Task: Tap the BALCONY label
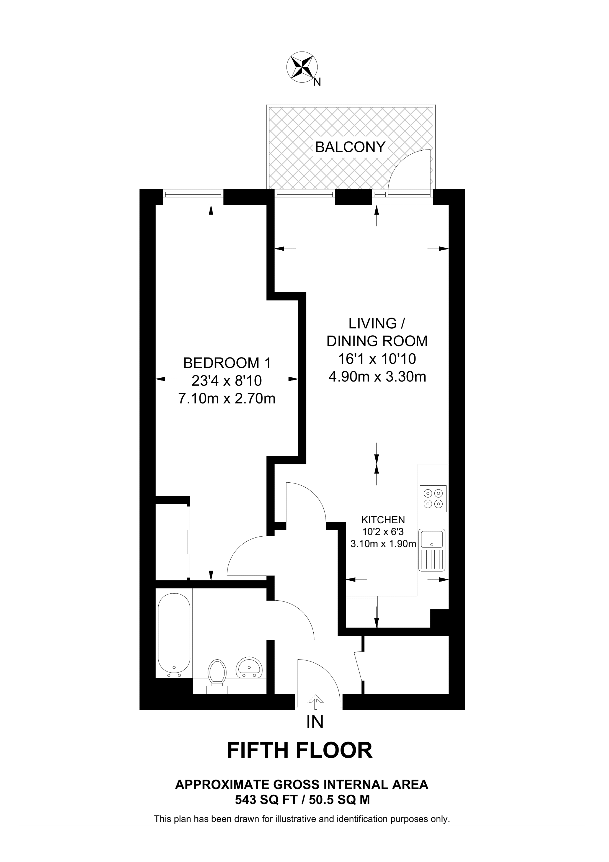(350, 147)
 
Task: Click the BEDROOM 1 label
(227, 363)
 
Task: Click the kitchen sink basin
(432, 538)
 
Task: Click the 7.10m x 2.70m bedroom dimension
(227, 398)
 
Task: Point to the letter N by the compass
(317, 82)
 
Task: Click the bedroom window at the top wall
(193, 194)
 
